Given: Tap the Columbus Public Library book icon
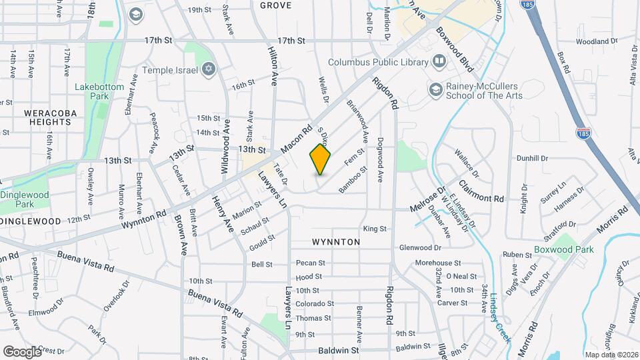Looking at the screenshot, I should pos(439,62).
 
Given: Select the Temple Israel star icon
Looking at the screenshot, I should pos(208,69).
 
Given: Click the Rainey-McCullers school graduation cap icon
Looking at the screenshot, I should pos(435,89).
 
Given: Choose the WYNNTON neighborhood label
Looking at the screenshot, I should pos(336,242).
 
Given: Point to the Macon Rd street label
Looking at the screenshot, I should pos(297,138).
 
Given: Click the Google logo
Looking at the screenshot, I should pos(22,351).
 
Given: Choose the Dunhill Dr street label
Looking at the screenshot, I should pos(531,158).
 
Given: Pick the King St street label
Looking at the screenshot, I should pos(375,229).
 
